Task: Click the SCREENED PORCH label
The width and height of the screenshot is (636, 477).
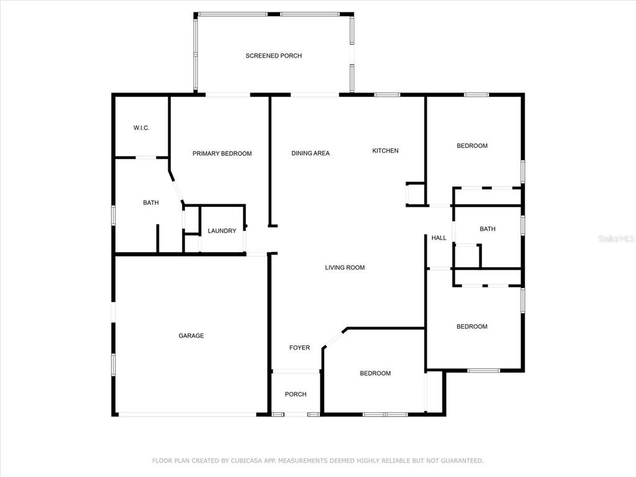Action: pos(274,55)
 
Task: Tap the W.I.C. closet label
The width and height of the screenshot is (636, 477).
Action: pos(142,128)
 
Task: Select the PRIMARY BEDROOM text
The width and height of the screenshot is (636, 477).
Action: pos(222,153)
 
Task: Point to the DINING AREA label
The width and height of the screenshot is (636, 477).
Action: pos(311,153)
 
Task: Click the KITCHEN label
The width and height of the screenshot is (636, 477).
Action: pos(385,150)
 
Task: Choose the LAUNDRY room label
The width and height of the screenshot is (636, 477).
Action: pos(222,231)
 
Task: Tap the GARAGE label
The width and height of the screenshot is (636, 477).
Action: pos(191,335)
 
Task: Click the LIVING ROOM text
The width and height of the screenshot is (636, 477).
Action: pos(345,267)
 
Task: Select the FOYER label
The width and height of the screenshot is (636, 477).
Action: pos(299,348)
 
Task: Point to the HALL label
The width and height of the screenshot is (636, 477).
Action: pos(439,238)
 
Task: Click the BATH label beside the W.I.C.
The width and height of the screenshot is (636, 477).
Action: pos(151,202)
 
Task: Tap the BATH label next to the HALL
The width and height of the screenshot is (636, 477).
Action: pos(488,229)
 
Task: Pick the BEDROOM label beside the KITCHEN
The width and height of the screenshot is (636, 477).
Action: pos(472,145)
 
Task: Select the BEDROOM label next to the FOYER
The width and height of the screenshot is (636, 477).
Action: pos(375,373)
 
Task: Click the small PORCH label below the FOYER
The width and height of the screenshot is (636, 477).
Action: pos(296,394)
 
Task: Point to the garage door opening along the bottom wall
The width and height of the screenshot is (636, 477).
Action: pos(188,414)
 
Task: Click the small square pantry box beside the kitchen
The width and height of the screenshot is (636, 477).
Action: pos(416,194)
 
